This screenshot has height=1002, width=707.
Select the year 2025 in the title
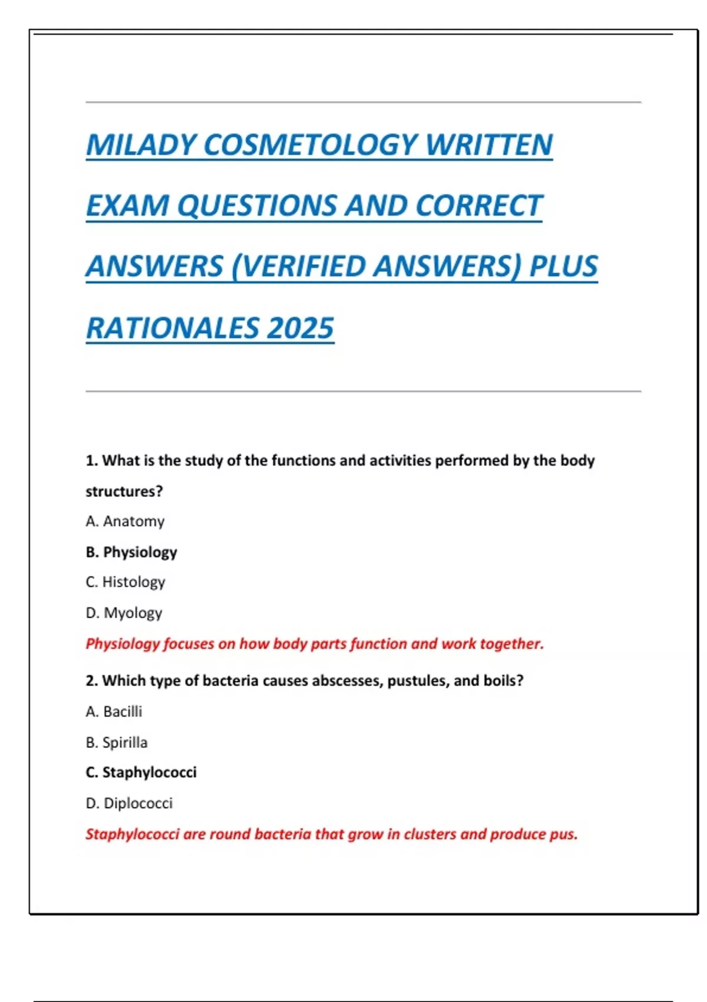[x=300, y=328]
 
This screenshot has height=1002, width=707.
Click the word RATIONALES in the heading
[x=173, y=328]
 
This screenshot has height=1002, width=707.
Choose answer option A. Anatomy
[x=125, y=522]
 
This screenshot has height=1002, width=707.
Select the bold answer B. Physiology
[x=131, y=552]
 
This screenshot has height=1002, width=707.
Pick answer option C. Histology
[x=125, y=582]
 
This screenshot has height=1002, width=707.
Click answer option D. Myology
[x=124, y=613]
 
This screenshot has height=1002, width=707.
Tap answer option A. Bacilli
[x=114, y=711]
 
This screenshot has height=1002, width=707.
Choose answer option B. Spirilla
[x=117, y=742]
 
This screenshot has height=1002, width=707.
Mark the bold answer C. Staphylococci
[x=141, y=772]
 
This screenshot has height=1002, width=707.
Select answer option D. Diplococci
[x=129, y=803]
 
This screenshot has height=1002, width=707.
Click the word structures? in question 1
[x=124, y=492]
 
